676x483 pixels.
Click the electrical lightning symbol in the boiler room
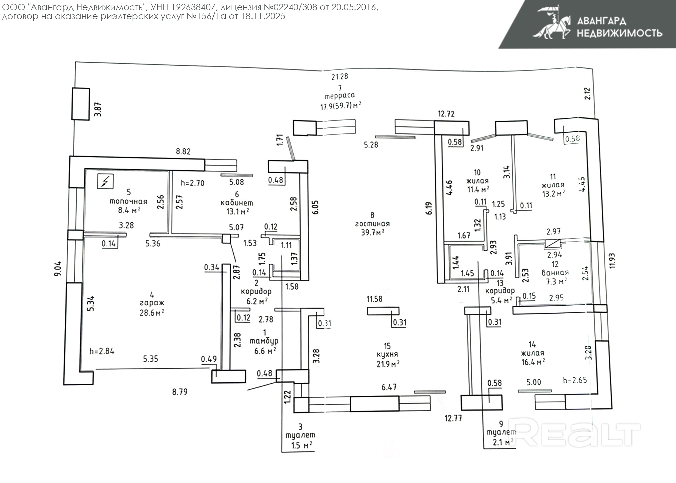pos(105,181)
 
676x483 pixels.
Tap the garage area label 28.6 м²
pos(152,313)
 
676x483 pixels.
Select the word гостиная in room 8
pos(372,224)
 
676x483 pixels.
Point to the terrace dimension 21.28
pos(340,77)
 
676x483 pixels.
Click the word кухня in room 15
pos(387,355)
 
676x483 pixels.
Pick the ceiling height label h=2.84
pos(102,351)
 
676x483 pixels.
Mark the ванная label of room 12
pos(555,273)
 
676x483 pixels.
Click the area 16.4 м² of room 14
pos(533,362)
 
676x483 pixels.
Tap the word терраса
pos(340,96)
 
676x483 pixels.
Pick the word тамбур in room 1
pos(264,341)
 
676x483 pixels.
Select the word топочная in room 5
pos(128,201)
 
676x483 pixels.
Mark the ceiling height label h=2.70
pos(193,183)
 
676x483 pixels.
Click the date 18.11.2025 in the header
pos(263,16)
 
